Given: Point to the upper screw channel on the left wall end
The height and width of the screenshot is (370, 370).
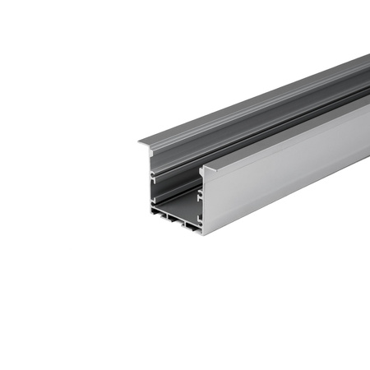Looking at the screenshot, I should [154, 175].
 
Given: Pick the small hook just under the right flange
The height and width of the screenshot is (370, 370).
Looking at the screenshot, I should [202, 178].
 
